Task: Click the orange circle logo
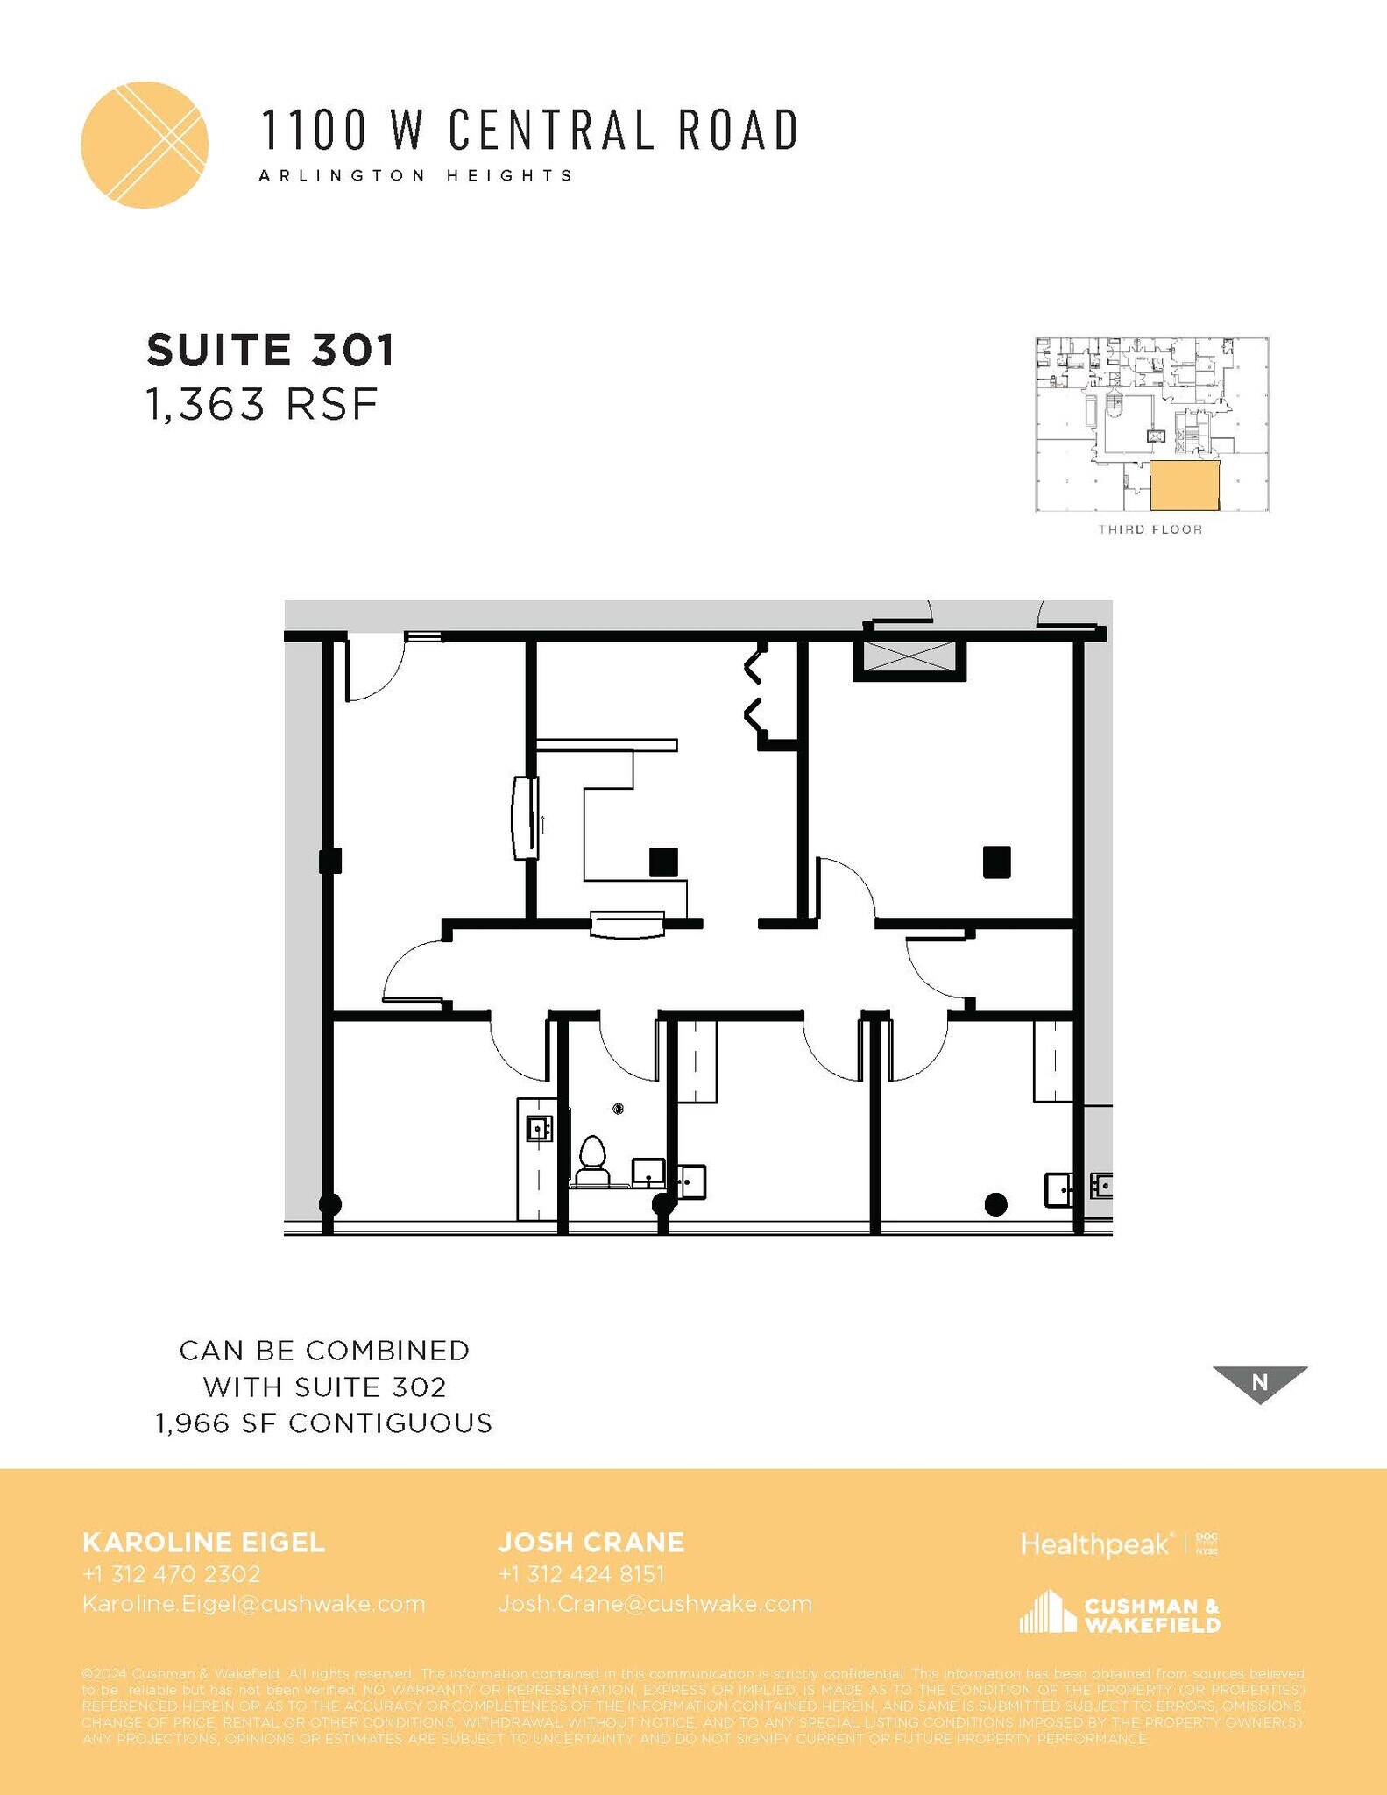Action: click(x=145, y=145)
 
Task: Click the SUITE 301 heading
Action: click(x=271, y=351)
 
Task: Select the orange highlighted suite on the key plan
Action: click(x=1184, y=486)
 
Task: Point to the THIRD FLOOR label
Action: click(x=1150, y=529)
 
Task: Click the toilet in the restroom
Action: click(x=593, y=1154)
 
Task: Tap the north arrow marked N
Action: click(x=1260, y=1382)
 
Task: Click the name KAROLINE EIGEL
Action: click(x=203, y=1542)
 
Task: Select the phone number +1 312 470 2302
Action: click(x=172, y=1574)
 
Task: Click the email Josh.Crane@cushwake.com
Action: click(x=655, y=1604)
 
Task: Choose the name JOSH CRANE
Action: click(x=591, y=1542)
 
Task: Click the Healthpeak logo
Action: click(x=1096, y=1544)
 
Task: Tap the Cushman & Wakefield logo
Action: click(x=1120, y=1613)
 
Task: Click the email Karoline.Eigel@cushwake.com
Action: click(x=253, y=1604)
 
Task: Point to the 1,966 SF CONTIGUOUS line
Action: click(x=324, y=1423)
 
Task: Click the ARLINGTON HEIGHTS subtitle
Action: click(x=416, y=175)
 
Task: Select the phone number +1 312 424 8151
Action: click(x=582, y=1574)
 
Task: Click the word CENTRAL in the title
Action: click(x=551, y=130)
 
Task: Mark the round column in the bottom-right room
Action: click(x=995, y=1205)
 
